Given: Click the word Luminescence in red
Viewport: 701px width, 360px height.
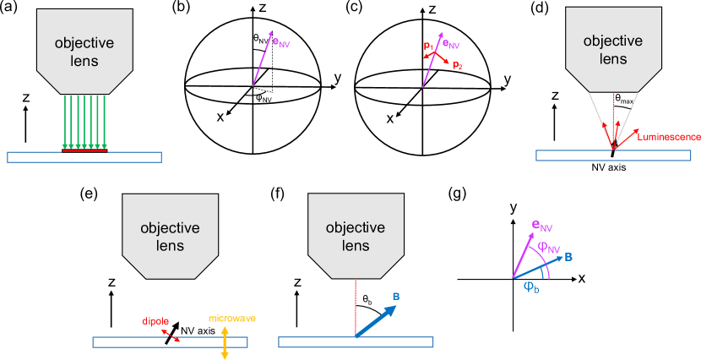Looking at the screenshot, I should [x=669, y=136].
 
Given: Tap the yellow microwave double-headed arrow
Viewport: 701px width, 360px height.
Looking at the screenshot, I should [x=225, y=342].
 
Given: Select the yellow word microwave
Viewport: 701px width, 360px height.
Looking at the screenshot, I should [x=232, y=319].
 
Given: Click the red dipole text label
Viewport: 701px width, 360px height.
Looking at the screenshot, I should [x=155, y=321].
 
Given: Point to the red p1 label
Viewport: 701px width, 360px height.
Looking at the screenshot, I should [x=428, y=44].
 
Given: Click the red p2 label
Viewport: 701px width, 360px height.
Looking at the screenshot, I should [x=457, y=65].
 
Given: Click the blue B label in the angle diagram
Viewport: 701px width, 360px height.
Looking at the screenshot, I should [x=568, y=256].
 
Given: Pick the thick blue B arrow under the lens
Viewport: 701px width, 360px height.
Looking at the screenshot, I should [x=376, y=321].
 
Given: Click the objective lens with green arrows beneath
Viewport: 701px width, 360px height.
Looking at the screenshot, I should [x=84, y=51].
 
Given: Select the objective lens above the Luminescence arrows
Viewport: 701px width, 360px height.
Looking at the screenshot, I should [x=612, y=49].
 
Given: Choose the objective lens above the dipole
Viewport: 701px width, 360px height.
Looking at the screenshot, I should [x=170, y=236].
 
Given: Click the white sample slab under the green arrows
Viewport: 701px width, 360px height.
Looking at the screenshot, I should [x=84, y=157].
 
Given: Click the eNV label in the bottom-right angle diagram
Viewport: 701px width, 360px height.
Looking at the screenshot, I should [x=541, y=226].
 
